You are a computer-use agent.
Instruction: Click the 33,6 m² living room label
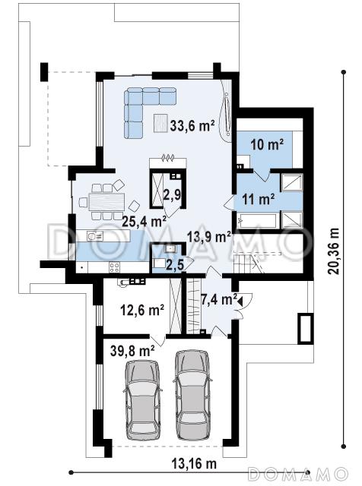[x=192, y=125]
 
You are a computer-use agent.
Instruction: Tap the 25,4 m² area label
[x=144, y=221]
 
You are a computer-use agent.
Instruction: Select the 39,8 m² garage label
[x=132, y=351]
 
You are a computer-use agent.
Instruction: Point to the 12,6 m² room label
[x=142, y=310]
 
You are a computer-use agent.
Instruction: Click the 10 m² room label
[x=267, y=144]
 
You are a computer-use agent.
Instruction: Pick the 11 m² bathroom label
[x=259, y=199]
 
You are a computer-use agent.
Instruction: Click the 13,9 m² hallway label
[x=209, y=237]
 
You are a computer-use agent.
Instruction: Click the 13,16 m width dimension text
[x=194, y=464]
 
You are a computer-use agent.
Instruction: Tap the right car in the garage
[x=192, y=395]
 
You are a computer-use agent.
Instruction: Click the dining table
[x=106, y=202]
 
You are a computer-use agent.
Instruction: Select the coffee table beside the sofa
[x=160, y=123]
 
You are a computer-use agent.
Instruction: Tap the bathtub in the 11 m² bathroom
[x=256, y=221]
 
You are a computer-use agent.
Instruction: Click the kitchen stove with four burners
[x=114, y=267]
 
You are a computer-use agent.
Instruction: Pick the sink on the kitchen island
[x=95, y=236]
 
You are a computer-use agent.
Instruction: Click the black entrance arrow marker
[x=240, y=300]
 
